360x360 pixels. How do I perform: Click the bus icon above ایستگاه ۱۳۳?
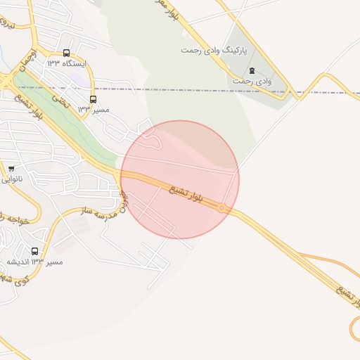(66, 53)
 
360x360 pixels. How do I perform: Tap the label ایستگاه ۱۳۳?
(65, 63)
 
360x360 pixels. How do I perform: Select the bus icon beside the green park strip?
(94, 99)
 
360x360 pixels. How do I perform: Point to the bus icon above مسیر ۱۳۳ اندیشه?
(35, 251)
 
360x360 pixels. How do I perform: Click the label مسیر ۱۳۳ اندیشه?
(34, 262)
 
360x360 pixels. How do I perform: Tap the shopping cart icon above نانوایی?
(11, 169)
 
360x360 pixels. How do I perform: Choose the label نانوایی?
(11, 179)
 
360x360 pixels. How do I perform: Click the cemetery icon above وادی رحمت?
(252, 70)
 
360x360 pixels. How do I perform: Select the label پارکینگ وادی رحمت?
(209, 51)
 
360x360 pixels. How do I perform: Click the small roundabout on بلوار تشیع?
(222, 207)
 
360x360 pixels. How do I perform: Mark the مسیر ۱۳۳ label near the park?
(84, 110)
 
